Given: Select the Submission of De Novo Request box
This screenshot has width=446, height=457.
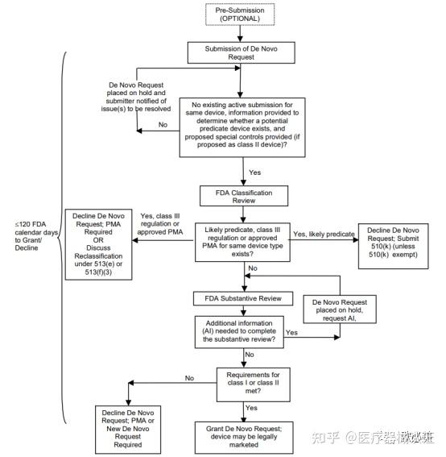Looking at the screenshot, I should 243,52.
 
